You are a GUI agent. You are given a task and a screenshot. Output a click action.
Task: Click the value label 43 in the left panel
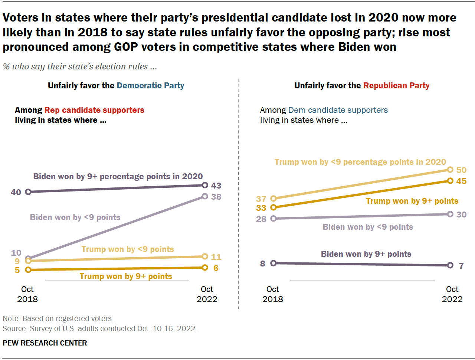(216, 186)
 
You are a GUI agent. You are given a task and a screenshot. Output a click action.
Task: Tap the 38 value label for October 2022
(216, 197)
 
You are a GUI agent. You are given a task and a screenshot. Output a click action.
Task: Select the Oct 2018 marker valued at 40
(28, 192)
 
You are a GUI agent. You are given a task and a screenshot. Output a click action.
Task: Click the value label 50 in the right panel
(461, 170)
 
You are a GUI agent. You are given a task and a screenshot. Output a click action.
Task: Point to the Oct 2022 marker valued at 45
(450, 181)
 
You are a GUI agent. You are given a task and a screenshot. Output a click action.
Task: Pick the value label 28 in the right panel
(261, 219)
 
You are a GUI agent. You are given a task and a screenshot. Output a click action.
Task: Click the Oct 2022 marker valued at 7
(450, 265)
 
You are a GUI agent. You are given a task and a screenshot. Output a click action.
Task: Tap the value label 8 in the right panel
(263, 264)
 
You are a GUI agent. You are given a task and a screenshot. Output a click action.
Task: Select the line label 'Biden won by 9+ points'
(366, 254)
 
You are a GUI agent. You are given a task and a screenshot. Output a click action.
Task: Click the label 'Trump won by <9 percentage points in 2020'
(360, 162)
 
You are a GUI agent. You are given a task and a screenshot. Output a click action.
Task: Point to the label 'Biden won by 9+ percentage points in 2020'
(118, 177)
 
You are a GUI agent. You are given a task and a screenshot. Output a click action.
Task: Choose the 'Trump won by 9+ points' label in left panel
(126, 276)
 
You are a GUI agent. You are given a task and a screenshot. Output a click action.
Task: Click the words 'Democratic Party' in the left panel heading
(150, 86)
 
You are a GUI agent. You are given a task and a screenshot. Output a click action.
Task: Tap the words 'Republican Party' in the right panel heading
(396, 86)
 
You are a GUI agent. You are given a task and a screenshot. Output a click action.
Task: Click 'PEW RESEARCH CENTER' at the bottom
(45, 343)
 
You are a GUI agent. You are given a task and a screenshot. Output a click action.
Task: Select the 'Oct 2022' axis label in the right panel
(452, 294)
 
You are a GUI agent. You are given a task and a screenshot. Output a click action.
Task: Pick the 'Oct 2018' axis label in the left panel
(27, 294)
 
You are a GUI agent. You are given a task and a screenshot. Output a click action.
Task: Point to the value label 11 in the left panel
(216, 257)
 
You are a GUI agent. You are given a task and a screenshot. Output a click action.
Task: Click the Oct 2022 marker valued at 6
(205, 268)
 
